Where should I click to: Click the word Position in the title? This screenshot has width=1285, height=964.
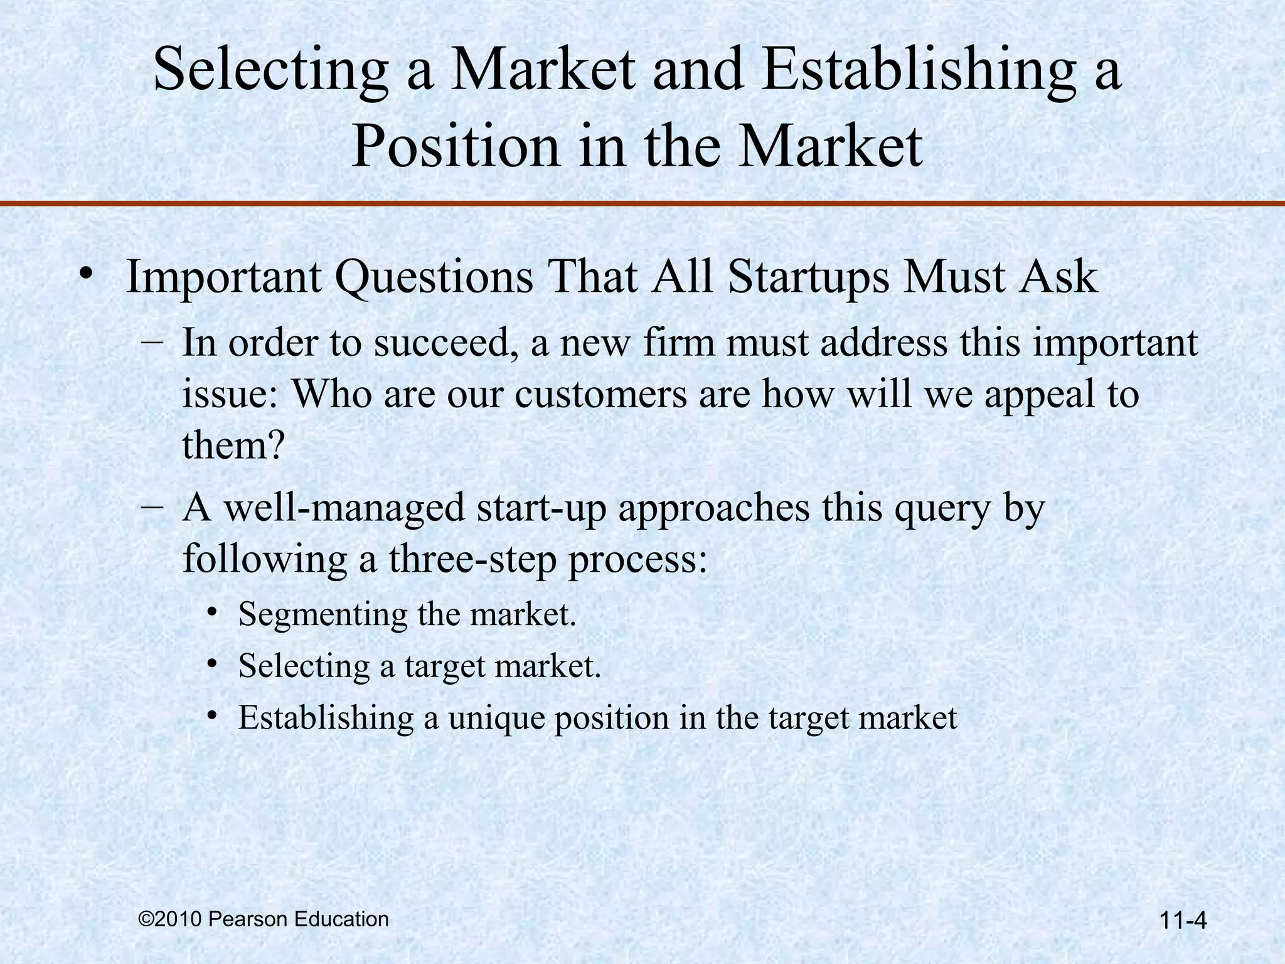(x=456, y=146)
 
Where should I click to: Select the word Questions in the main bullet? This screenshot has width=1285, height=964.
(x=434, y=277)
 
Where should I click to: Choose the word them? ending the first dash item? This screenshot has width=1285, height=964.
(x=233, y=445)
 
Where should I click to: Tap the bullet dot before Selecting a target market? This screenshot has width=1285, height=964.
(x=213, y=663)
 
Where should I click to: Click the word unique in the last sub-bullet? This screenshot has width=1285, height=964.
(x=495, y=717)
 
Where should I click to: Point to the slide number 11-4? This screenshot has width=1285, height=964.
(x=1183, y=921)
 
